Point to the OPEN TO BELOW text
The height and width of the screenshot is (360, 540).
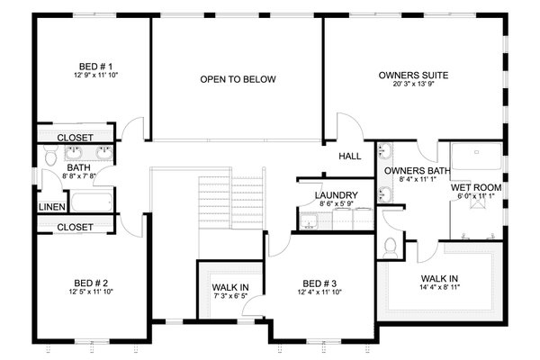click(x=238, y=79)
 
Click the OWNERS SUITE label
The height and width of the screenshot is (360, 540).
click(x=414, y=76)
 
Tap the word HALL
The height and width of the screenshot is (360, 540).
click(x=350, y=156)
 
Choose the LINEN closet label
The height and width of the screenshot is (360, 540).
click(x=50, y=207)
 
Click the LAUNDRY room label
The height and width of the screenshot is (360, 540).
click(x=337, y=195)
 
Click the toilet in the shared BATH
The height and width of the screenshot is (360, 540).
click(x=48, y=161)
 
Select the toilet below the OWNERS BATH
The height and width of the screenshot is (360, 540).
click(x=391, y=245)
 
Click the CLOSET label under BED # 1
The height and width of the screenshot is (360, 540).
click(x=75, y=138)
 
